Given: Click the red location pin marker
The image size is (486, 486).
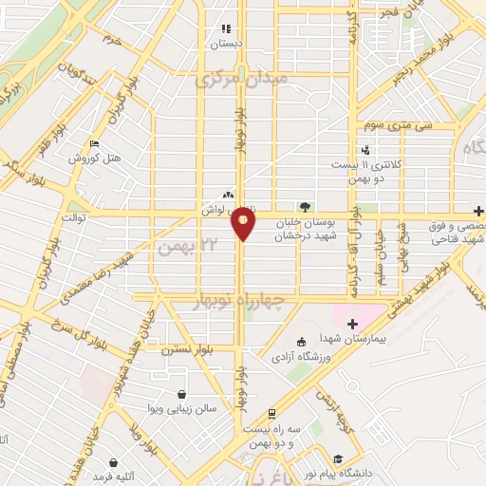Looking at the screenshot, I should coord(244,221).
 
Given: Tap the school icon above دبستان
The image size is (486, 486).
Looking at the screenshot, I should coord(226,28).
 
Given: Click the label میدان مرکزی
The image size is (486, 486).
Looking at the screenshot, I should coord(234,82).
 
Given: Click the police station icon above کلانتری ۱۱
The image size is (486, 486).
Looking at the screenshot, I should coord(366,150).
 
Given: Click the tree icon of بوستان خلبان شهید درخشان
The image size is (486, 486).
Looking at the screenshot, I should coord(304,206).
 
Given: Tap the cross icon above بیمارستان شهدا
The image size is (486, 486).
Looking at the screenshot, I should coord(352,324).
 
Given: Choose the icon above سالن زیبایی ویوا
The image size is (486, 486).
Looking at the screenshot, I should coord(181,394).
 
